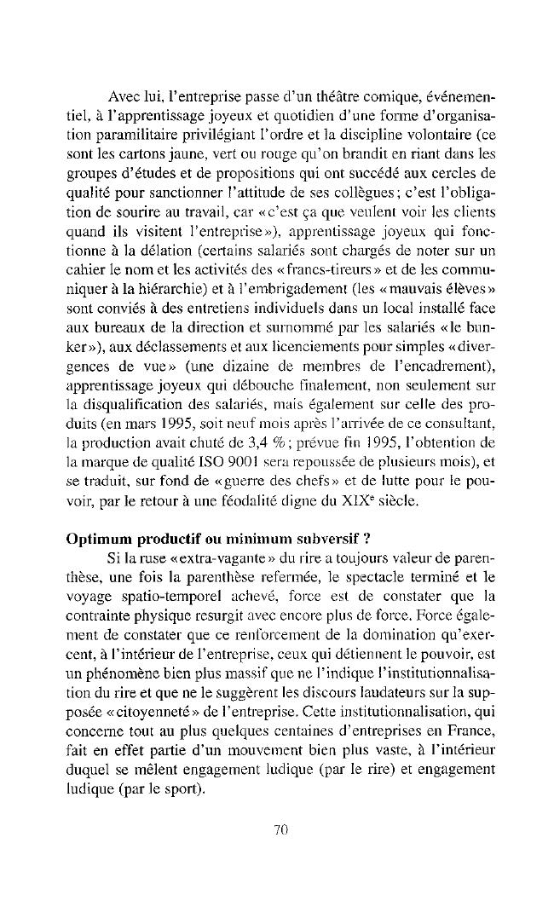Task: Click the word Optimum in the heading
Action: click(95, 540)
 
